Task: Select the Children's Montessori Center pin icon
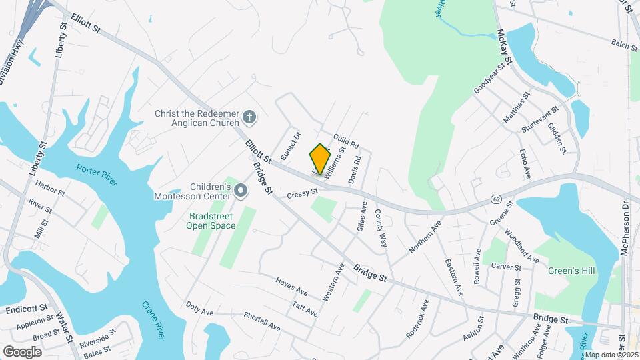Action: [241, 192]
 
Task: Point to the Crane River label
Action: [153, 320]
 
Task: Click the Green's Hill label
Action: [571, 271]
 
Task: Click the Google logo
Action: [22, 351]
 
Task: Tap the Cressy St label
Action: [302, 194]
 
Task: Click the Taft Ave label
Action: [305, 307]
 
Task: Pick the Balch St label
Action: [624, 44]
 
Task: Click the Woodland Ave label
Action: [521, 245]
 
